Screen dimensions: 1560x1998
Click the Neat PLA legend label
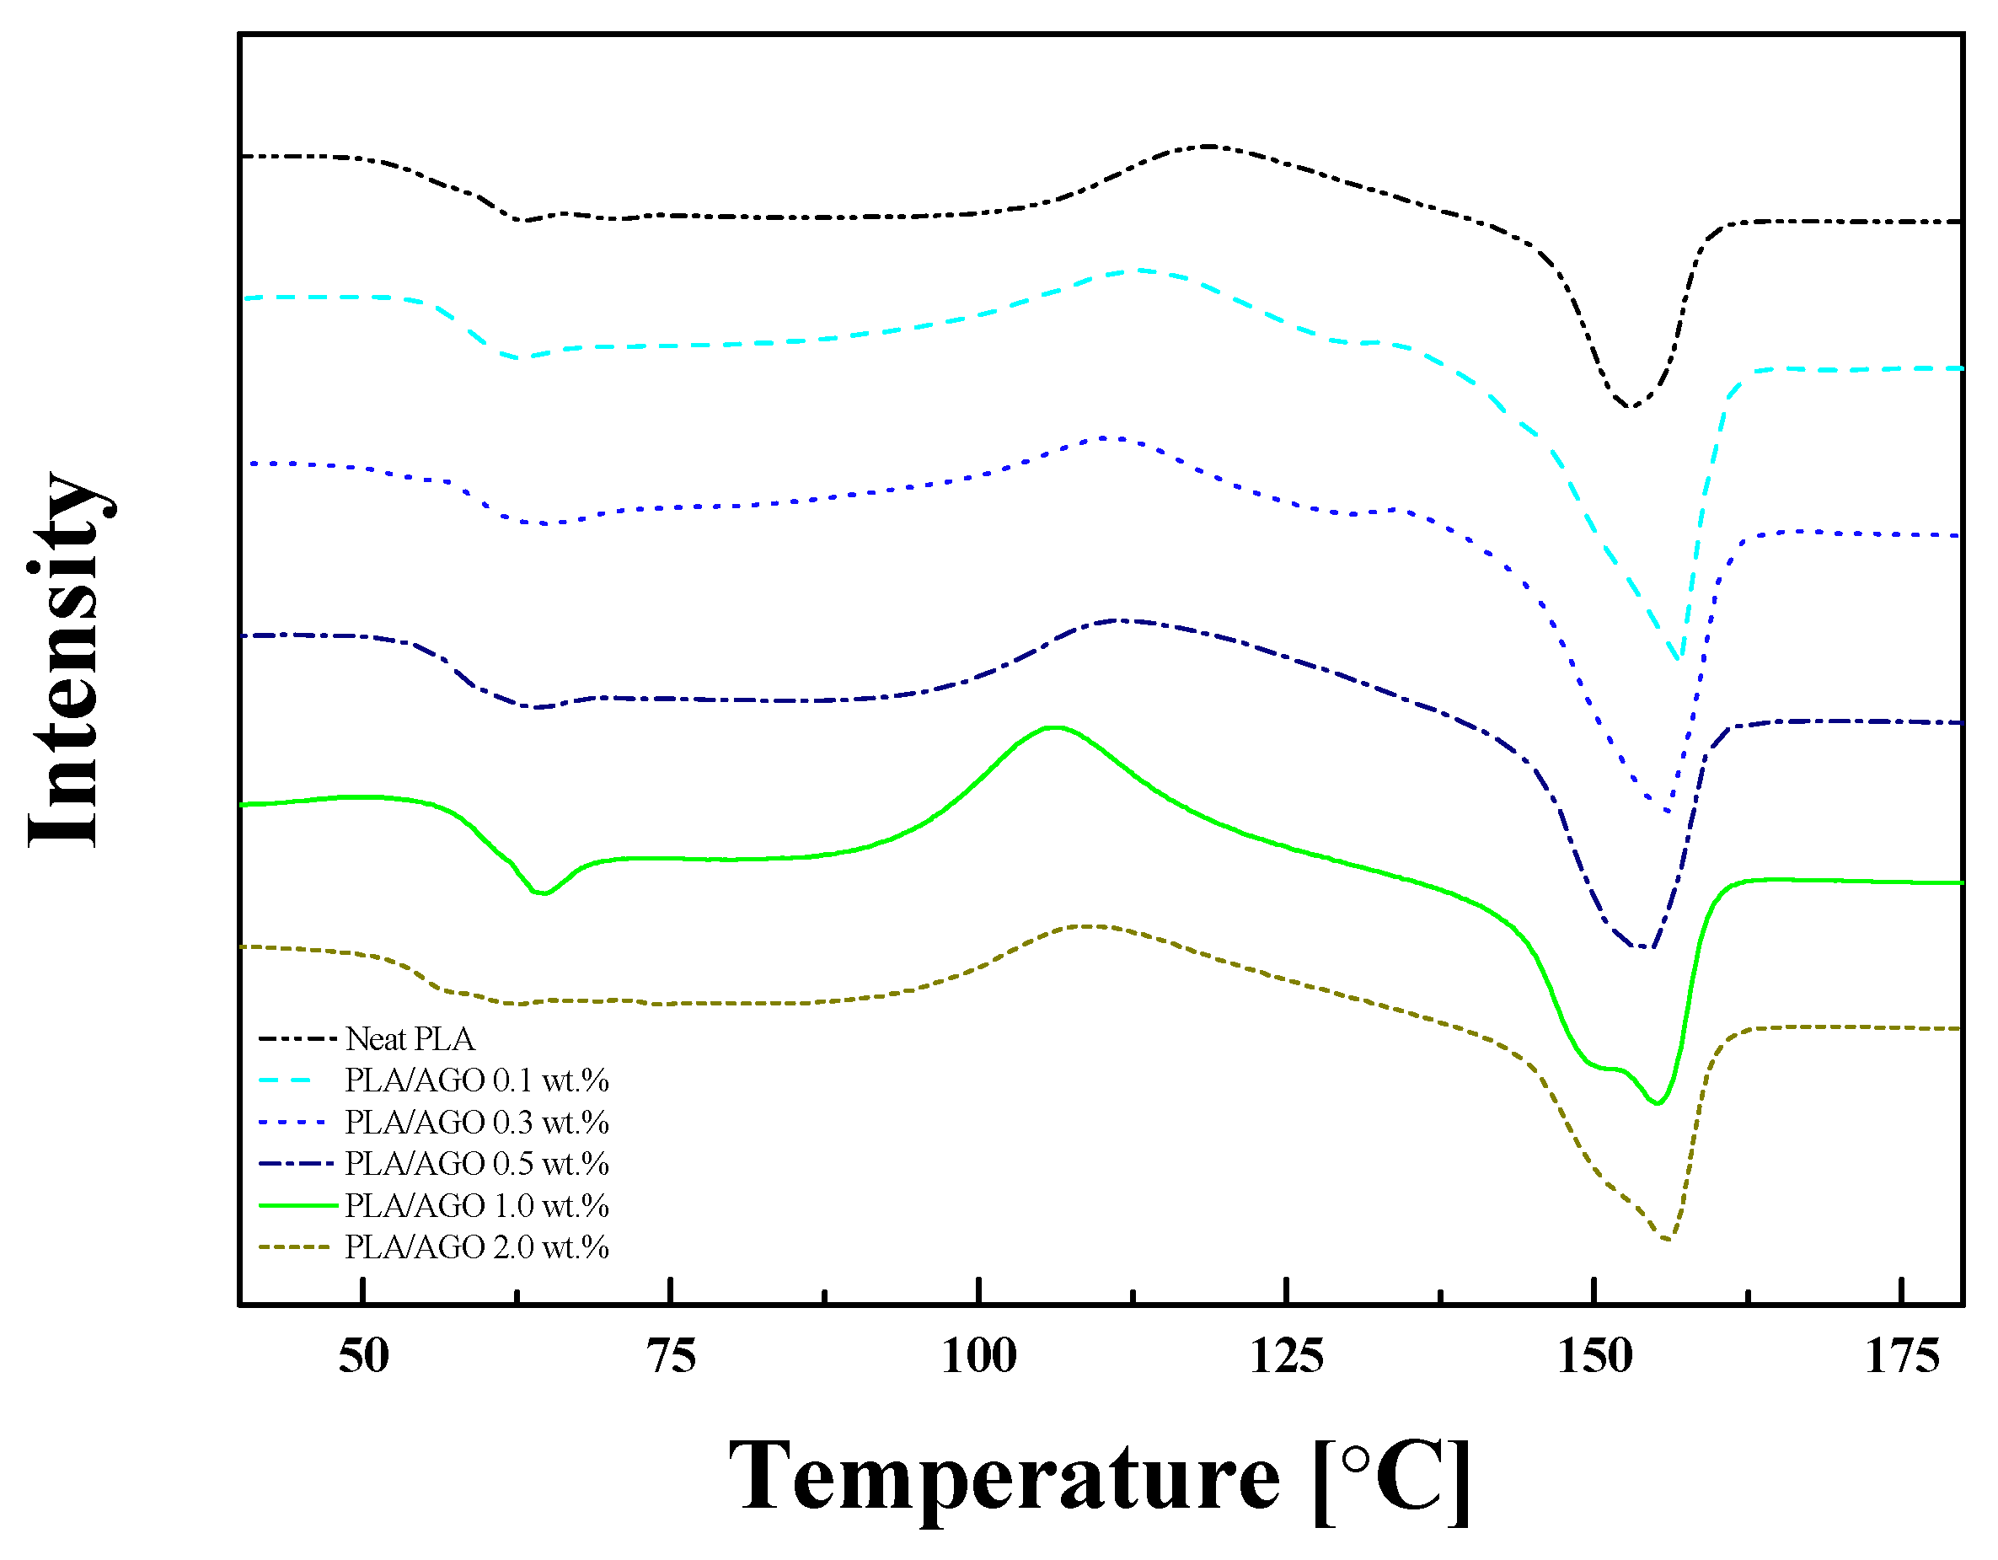[x=410, y=1039]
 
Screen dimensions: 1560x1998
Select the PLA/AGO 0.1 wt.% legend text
[x=477, y=1080]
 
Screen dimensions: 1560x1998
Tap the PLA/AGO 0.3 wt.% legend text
[x=477, y=1123]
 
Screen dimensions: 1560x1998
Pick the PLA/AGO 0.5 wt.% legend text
[x=477, y=1164]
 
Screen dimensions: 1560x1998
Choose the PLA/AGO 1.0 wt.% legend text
[x=477, y=1206]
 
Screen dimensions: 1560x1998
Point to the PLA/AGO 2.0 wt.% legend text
[x=477, y=1247]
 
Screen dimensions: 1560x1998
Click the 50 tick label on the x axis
[x=364, y=1356]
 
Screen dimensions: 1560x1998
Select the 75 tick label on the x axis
[x=672, y=1356]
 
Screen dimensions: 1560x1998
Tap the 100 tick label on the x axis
[x=979, y=1356]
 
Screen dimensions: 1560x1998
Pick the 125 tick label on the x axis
[x=1286, y=1356]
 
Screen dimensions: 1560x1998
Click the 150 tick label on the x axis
[x=1594, y=1356]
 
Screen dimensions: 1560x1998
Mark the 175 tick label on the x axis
[x=1902, y=1356]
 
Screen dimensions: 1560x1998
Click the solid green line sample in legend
[x=298, y=1206]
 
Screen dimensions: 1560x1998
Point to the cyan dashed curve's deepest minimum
[x=1677, y=657]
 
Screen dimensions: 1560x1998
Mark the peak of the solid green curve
[x=1055, y=727]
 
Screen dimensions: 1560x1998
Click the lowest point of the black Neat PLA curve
[x=1629, y=407]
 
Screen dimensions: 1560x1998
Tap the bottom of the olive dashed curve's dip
[x=1668, y=1240]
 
